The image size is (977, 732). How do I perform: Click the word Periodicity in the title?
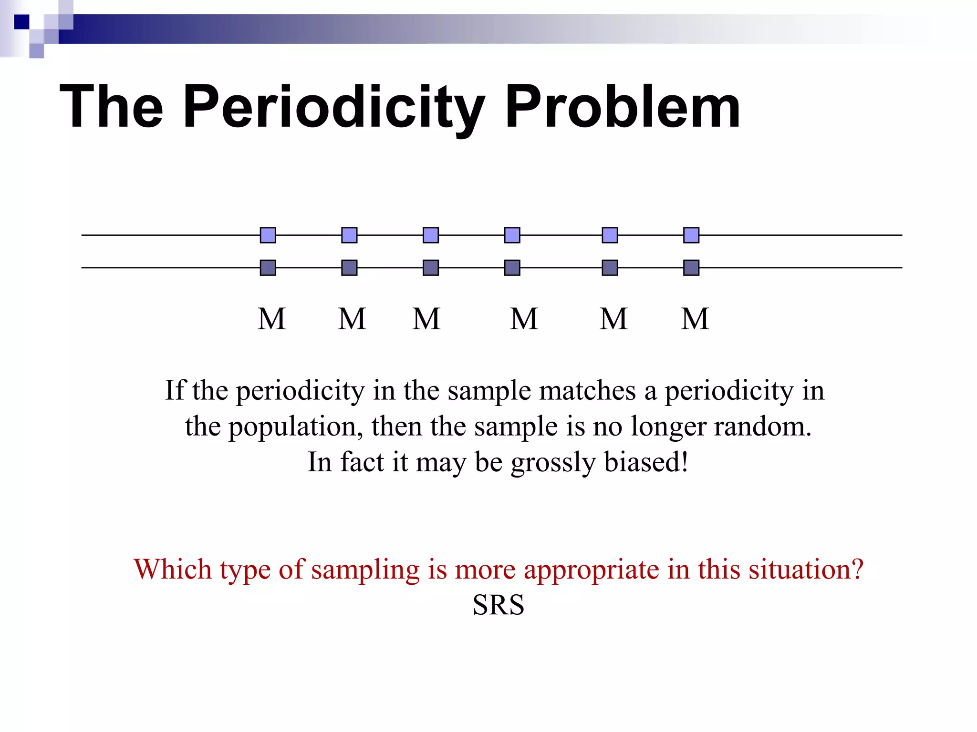[x=333, y=107]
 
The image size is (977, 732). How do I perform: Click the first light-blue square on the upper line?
[x=268, y=235]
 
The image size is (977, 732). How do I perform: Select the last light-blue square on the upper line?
[x=691, y=235]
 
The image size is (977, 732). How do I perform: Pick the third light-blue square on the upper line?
[x=431, y=235]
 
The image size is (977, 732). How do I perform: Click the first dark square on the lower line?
[x=268, y=268]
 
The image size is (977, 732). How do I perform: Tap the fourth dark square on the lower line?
[x=512, y=268]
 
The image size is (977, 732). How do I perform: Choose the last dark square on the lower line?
[x=691, y=268]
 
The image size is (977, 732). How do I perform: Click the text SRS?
[x=499, y=605]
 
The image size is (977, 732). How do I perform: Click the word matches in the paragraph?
[x=588, y=390]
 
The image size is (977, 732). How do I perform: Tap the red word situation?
[x=806, y=569]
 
